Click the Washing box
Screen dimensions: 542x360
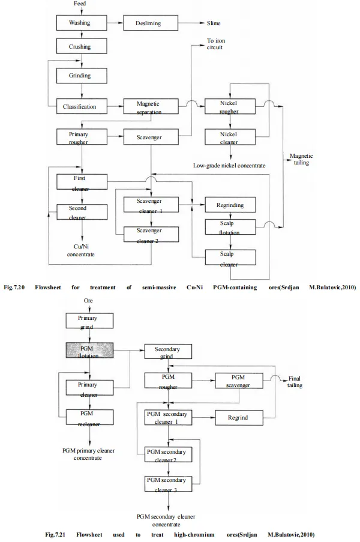81,23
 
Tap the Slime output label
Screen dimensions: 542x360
214,24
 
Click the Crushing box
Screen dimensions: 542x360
81,46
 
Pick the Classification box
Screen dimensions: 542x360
81,107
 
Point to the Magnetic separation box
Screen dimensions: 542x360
148,107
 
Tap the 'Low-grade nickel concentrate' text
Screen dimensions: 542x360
230,165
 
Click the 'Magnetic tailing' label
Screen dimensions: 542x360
301,159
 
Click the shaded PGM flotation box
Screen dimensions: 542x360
90,351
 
